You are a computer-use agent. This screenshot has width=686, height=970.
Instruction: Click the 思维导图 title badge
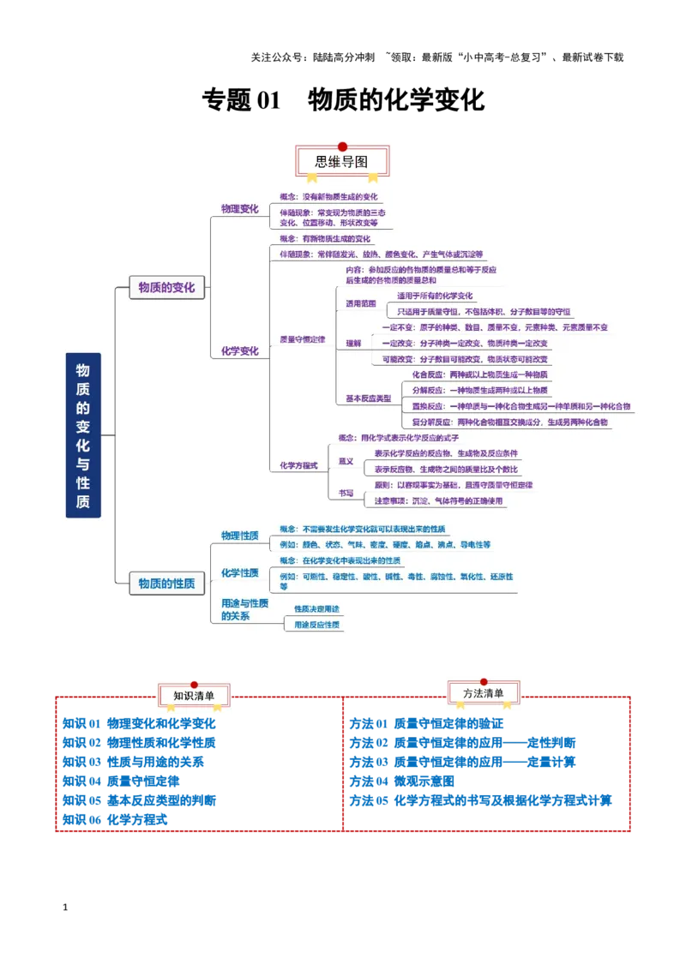click(342, 161)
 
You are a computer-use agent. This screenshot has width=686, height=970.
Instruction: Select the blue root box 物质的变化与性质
click(83, 435)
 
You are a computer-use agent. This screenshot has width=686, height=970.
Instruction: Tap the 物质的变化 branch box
click(166, 288)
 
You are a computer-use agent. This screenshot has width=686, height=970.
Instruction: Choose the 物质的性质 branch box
click(166, 584)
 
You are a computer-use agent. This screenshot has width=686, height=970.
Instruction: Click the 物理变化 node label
click(239, 208)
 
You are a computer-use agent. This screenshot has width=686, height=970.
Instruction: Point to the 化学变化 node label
click(239, 350)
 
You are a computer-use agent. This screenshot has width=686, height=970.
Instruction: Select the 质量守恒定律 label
click(303, 339)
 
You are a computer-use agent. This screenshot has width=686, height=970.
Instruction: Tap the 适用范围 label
click(360, 303)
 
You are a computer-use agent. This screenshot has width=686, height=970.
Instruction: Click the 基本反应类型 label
click(368, 398)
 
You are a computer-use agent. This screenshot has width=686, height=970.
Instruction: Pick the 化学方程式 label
click(298, 465)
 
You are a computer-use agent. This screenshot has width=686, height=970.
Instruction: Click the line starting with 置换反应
click(521, 406)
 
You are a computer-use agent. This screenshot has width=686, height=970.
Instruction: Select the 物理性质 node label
click(239, 536)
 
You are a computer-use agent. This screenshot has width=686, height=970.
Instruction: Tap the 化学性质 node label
click(239, 572)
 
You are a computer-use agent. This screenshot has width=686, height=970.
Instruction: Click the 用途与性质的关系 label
click(244, 609)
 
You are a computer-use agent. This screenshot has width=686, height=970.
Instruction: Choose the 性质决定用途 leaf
click(316, 608)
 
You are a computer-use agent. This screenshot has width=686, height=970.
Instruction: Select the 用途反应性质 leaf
click(316, 625)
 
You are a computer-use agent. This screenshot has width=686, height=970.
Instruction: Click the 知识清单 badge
click(194, 695)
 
